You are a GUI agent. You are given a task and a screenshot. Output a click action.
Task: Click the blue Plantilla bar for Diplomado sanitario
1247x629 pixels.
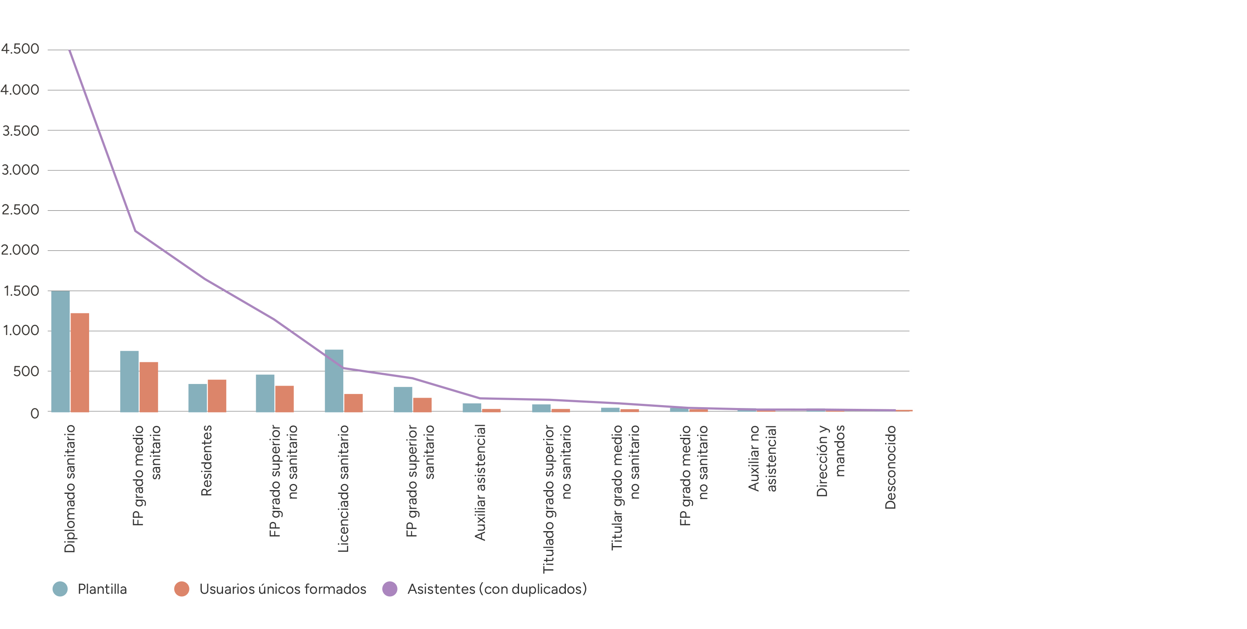(61, 351)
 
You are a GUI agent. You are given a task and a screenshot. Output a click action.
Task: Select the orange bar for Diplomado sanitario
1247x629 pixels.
(80, 362)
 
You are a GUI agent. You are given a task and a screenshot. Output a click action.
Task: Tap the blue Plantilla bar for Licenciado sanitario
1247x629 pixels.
(334, 381)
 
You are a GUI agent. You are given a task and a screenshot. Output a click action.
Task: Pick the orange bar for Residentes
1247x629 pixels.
(217, 396)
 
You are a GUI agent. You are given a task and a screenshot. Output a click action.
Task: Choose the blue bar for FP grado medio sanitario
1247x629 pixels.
(129, 381)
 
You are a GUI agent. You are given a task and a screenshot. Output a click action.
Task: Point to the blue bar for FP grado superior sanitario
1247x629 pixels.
(403, 399)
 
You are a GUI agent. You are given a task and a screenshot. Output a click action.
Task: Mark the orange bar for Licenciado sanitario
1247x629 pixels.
(353, 403)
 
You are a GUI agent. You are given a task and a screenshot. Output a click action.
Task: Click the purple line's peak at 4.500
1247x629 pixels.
(70, 50)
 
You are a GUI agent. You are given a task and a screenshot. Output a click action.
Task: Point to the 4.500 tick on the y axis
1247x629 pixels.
(20, 49)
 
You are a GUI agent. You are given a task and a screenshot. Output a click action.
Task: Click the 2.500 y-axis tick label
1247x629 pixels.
(20, 210)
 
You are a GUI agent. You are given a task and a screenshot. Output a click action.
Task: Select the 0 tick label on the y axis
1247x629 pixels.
(35, 413)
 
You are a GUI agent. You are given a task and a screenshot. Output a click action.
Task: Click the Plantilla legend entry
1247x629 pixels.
(90, 589)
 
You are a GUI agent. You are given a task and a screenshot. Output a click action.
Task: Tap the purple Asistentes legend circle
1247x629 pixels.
(390, 589)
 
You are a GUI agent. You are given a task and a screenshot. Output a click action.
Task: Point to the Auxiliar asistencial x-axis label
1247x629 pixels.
(480, 482)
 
